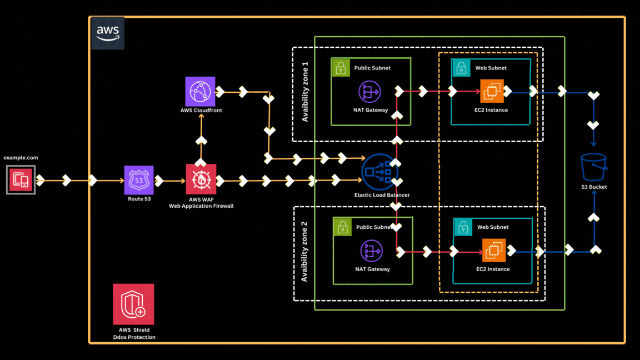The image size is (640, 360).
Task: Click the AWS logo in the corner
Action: click(x=107, y=33)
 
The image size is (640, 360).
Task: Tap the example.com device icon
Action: click(x=21, y=180)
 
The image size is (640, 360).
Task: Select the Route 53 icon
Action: click(x=138, y=179)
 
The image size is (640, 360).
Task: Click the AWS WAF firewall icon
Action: click(x=201, y=179)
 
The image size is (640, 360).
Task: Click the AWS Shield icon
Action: click(x=133, y=304)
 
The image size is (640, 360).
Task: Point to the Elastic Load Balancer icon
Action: click(x=380, y=172)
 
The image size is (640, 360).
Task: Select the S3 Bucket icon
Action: click(x=594, y=167)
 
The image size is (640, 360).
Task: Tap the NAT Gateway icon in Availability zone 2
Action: click(x=371, y=251)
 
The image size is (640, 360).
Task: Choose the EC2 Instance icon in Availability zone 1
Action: click(x=492, y=91)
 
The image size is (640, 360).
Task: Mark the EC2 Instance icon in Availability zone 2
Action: click(x=493, y=250)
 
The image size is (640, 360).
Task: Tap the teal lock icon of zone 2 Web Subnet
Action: click(x=462, y=227)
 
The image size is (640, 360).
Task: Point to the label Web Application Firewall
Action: click(x=201, y=206)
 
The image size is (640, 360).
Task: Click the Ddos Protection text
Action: click(x=133, y=337)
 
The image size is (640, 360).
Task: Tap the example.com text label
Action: click(x=21, y=158)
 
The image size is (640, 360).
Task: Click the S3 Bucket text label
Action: click(x=594, y=187)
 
